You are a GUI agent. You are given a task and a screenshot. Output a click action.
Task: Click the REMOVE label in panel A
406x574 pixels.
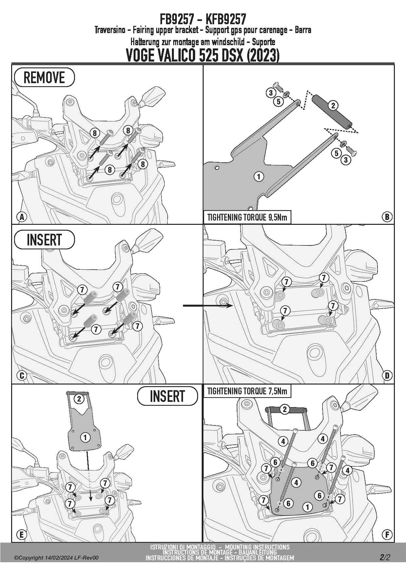[44, 78]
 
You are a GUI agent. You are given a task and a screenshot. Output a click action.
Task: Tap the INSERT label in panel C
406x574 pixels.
[44, 240]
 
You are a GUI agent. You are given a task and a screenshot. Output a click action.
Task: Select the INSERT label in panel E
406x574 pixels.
[167, 396]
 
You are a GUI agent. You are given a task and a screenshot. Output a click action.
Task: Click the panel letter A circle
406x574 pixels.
[22, 217]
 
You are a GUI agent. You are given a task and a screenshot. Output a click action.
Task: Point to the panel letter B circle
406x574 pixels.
[387, 217]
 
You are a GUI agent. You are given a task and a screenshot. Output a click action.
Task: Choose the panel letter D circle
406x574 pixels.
[387, 375]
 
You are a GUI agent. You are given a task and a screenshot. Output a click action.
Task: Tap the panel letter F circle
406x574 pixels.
[387, 535]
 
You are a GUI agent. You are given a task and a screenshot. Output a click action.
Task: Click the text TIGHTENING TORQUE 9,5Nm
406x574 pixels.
[247, 217]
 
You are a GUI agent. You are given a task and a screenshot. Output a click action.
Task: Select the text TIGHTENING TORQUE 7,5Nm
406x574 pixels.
[247, 391]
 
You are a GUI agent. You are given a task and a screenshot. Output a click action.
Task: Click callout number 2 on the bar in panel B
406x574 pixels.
[333, 105]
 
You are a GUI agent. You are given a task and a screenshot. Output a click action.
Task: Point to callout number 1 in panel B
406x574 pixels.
[259, 177]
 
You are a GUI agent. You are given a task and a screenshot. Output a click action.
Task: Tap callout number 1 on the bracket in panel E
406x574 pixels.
[85, 437]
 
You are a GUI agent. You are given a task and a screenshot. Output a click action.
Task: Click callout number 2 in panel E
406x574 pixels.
[79, 399]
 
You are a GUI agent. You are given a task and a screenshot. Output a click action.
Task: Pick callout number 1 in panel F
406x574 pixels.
[307, 507]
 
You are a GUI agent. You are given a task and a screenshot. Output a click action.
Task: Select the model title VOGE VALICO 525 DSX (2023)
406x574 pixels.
[203, 55]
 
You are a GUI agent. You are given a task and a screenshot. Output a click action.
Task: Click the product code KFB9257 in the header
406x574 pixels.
[226, 19]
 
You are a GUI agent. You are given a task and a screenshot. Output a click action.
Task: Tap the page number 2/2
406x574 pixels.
[385, 557]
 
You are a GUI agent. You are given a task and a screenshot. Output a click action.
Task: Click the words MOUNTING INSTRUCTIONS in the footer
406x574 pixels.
[257, 547]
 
